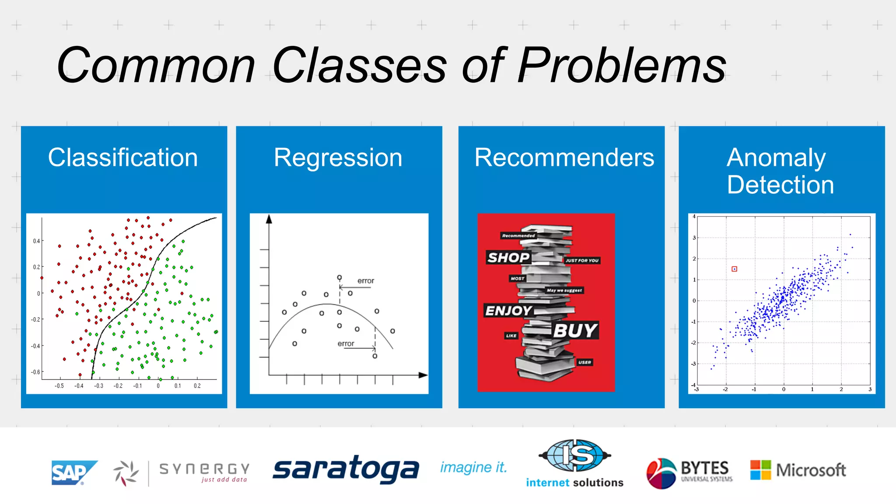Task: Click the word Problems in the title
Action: click(x=621, y=66)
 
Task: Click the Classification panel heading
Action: click(x=123, y=157)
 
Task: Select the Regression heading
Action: click(x=338, y=157)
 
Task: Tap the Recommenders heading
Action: click(x=564, y=157)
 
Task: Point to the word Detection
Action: click(x=780, y=185)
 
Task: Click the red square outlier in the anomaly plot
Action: click(x=735, y=269)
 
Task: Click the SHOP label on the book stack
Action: click(x=508, y=257)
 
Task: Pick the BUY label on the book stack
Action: click(x=575, y=330)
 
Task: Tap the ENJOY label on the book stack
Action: click(x=508, y=311)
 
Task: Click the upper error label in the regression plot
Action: click(x=366, y=281)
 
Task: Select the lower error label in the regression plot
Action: click(x=346, y=344)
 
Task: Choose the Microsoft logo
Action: click(x=798, y=470)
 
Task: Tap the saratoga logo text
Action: click(x=346, y=469)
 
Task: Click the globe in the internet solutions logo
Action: click(x=574, y=455)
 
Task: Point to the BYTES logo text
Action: click(x=705, y=468)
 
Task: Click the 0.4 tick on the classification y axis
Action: click(x=36, y=241)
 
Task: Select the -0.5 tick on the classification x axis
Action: click(x=59, y=386)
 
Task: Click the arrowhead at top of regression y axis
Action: click(x=269, y=219)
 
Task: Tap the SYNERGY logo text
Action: click(x=204, y=469)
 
